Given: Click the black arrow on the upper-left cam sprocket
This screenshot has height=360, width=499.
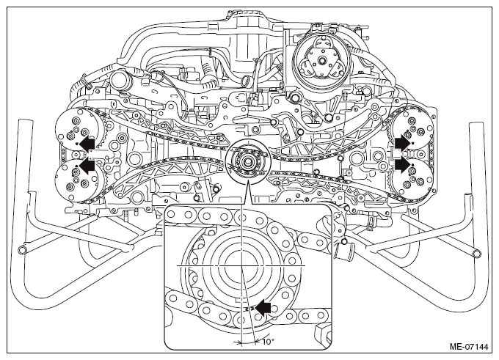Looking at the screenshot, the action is pos(87,144).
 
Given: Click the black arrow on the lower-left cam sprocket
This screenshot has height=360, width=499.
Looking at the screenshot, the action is pos(87,166).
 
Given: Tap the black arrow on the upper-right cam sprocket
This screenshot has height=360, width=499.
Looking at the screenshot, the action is pos(402,142).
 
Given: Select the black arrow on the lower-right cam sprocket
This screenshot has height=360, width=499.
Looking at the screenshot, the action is pos(402,165).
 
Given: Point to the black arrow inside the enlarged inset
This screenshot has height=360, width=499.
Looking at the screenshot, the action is pos(263,307).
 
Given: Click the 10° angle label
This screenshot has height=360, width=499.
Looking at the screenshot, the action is pos(269,342).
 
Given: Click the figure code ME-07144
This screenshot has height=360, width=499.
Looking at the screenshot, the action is pos(468,347).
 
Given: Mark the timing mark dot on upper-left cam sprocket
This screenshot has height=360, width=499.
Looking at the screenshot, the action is pos(77,144).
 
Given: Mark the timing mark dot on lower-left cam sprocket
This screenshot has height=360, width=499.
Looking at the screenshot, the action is pos(76,166).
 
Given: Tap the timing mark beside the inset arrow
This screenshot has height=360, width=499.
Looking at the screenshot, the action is pos(249,309).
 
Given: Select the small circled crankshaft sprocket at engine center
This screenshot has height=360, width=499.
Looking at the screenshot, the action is pos(247,161).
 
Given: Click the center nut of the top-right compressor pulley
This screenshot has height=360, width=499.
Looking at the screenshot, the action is pos(321,60).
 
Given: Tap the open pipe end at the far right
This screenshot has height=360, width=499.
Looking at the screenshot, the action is pos(477,253).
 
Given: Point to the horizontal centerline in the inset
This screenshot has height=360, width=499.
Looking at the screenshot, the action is pos(241,265).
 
